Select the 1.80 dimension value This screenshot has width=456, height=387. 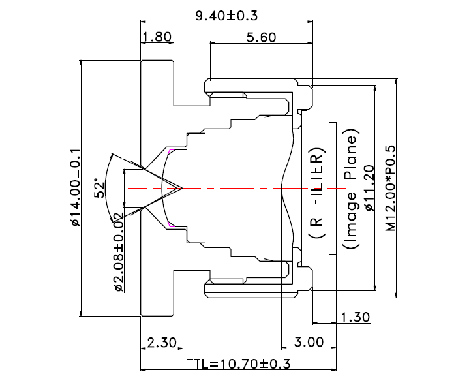pyautogui.click(x=157, y=37)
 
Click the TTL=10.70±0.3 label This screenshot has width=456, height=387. pyautogui.click(x=238, y=364)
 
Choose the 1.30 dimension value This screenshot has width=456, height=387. pyautogui.click(x=355, y=317)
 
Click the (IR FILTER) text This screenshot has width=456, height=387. pyautogui.click(x=316, y=196)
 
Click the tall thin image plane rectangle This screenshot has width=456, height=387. pyautogui.click(x=333, y=188)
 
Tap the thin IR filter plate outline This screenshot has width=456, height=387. pyautogui.click(x=303, y=188)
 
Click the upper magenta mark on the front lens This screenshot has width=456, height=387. pyautogui.click(x=171, y=152)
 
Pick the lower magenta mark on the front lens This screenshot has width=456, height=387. pyautogui.click(x=171, y=224)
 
